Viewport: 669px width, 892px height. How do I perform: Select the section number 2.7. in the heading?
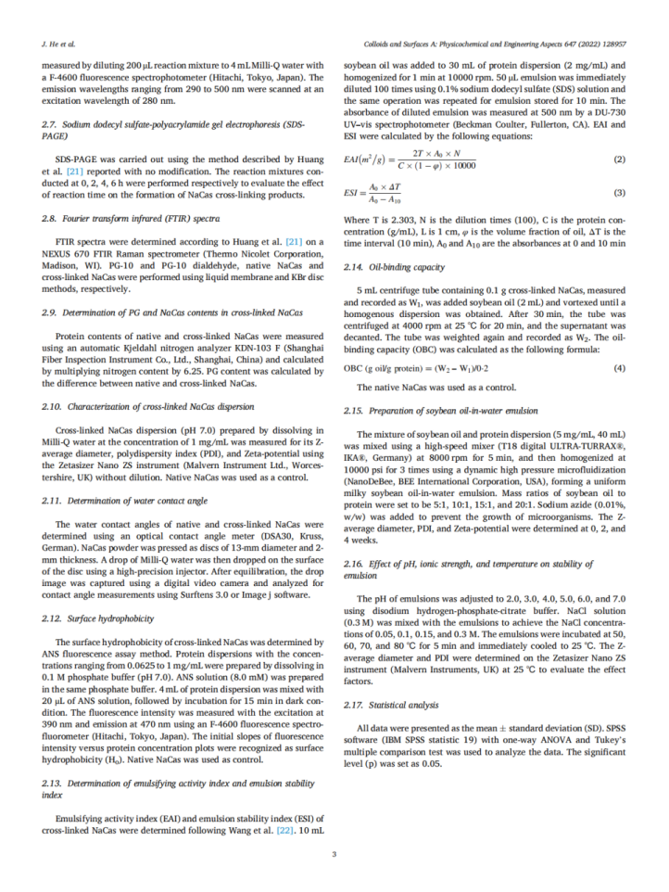tap(51, 124)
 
